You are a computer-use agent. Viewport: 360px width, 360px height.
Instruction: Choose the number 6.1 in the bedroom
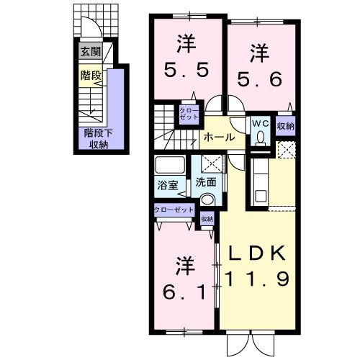183,292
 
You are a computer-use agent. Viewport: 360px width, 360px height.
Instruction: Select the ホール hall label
217,137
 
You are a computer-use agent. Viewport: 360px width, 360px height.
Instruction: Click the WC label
260,123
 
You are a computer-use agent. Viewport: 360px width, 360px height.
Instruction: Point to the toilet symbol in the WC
261,136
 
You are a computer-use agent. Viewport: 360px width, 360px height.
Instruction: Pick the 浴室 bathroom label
167,184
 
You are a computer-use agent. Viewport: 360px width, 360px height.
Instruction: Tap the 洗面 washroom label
206,183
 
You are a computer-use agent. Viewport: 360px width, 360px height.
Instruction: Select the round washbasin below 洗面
207,199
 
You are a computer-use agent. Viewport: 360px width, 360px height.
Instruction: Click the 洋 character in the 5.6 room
260,53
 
